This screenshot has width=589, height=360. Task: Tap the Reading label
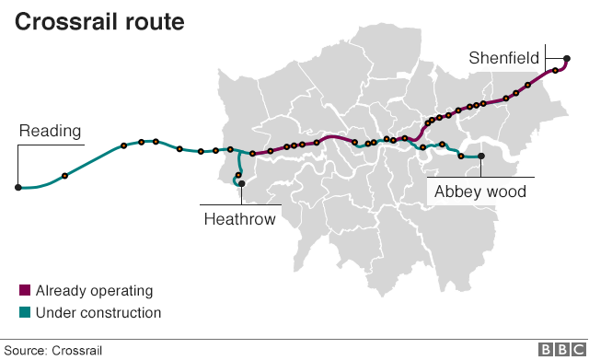point(51,131)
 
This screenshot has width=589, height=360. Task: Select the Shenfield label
point(503,58)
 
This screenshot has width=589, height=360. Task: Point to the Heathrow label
point(239,218)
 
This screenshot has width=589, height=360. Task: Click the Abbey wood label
point(479,192)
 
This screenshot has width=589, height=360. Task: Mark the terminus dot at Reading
point(17,187)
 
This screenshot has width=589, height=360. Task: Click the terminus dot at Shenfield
point(566,62)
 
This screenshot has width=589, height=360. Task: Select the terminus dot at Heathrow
point(242,184)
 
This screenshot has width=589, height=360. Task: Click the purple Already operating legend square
point(25,291)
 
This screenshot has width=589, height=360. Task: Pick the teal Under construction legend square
point(25,313)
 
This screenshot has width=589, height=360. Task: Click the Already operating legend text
point(94,291)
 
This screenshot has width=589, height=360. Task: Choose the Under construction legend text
point(98,313)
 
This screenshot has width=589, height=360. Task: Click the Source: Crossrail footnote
point(55,350)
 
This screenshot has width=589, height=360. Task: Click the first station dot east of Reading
point(64,175)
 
